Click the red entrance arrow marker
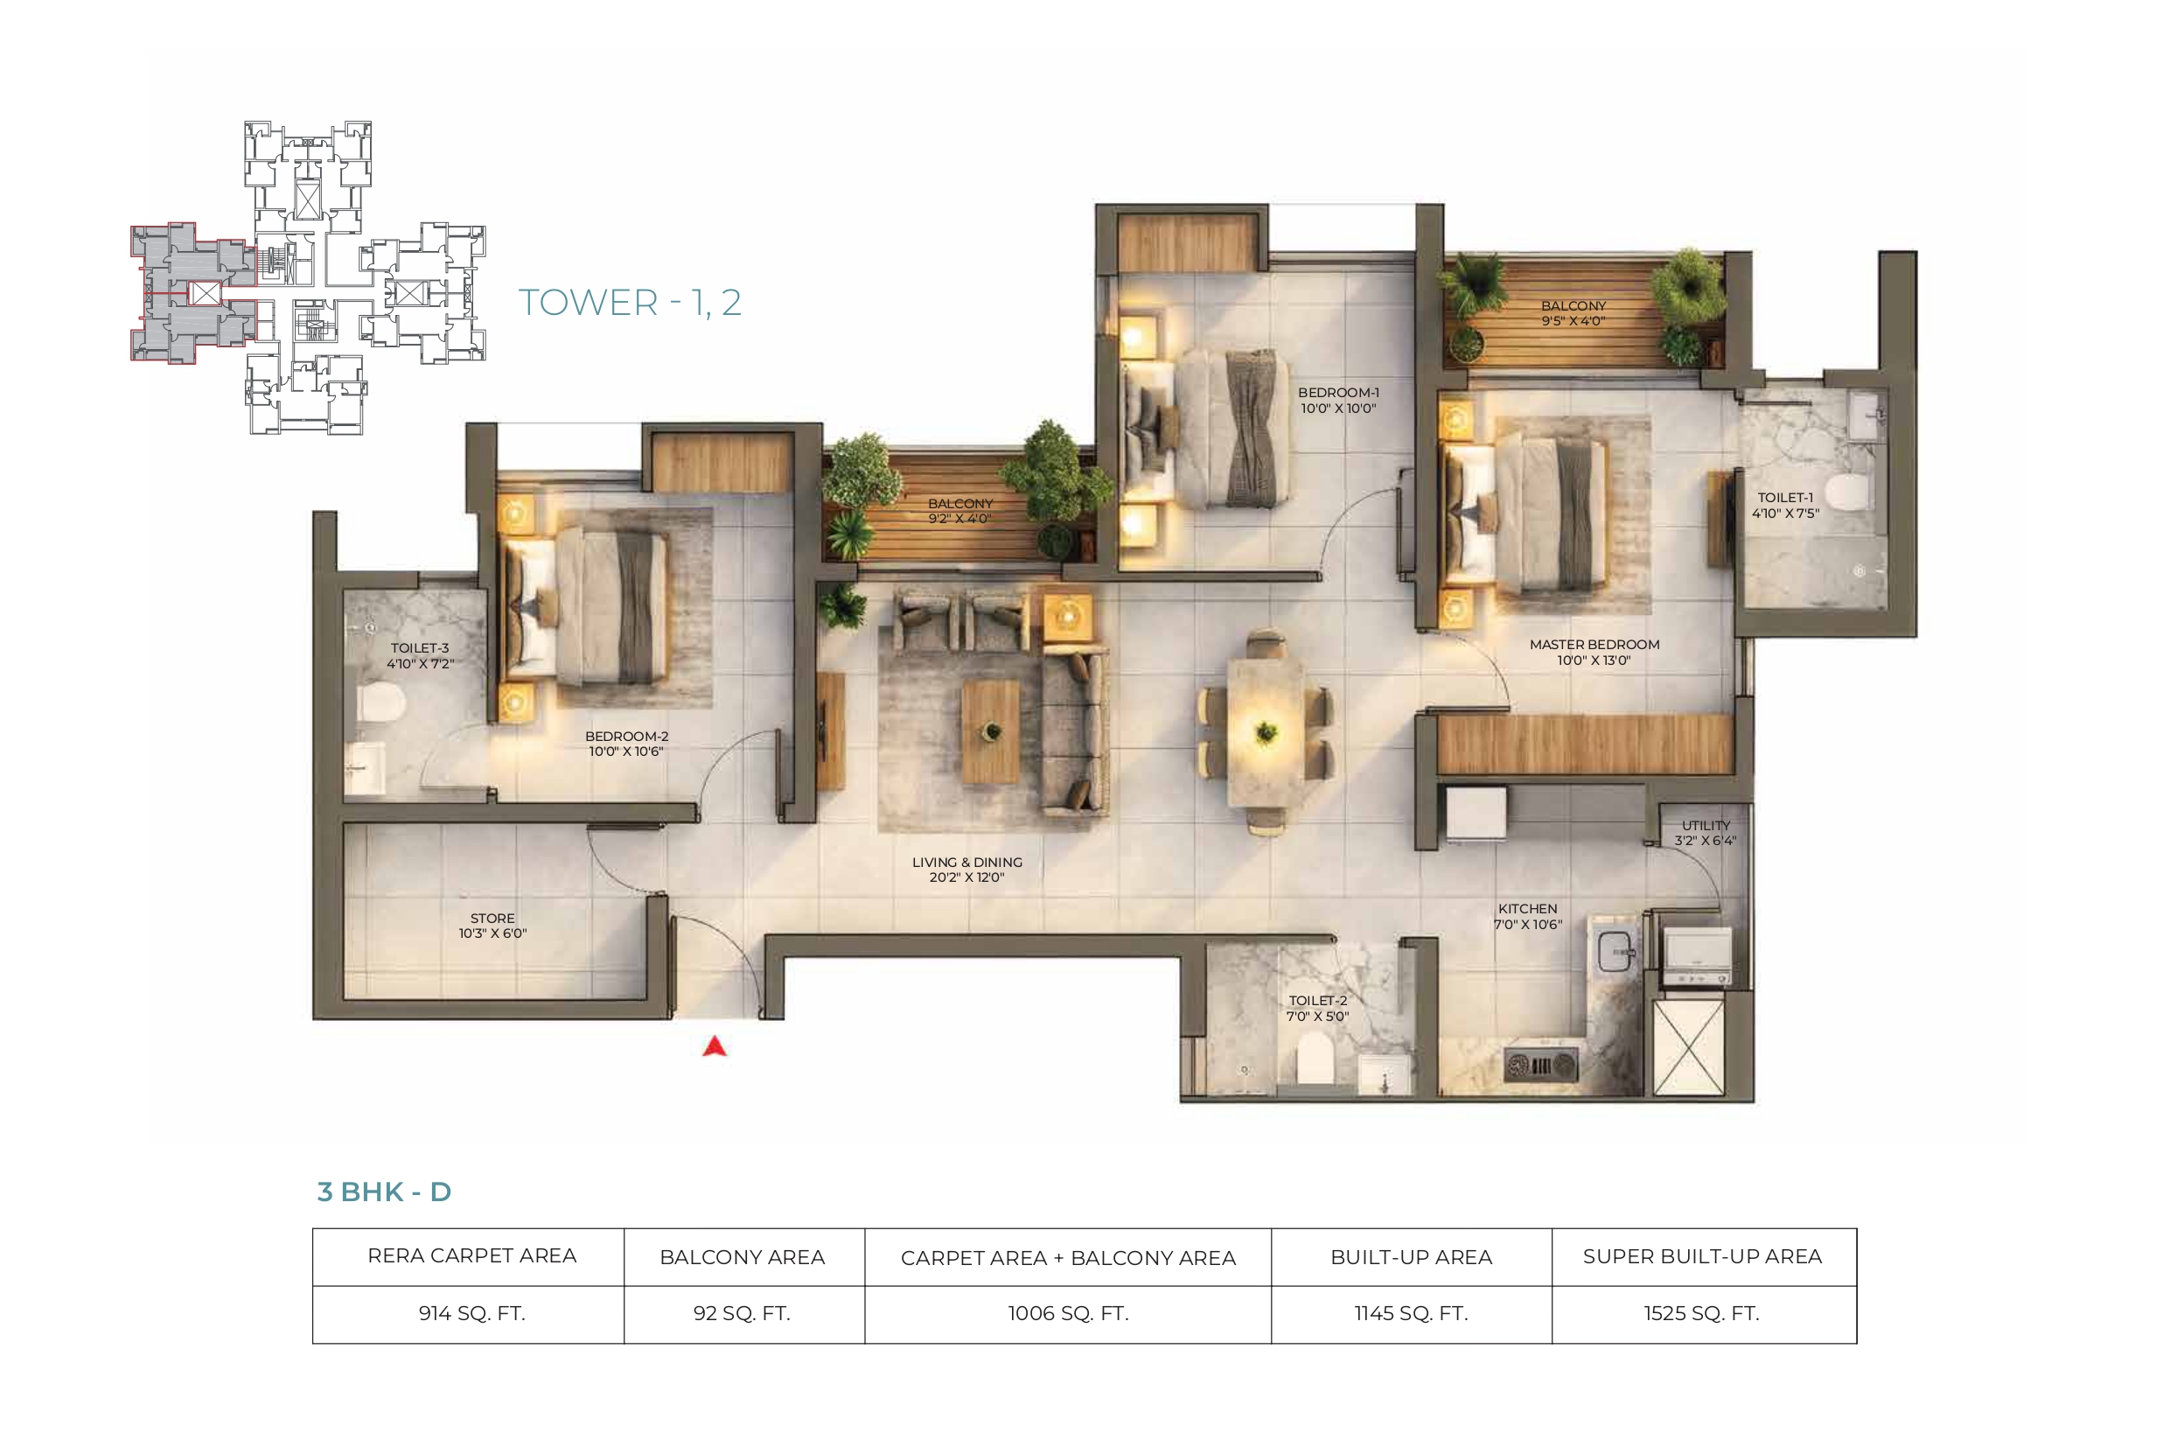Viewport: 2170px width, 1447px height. point(715,1046)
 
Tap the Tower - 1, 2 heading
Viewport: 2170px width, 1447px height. point(630,303)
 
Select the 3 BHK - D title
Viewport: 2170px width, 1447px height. point(384,1192)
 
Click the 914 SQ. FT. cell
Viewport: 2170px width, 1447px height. point(471,1313)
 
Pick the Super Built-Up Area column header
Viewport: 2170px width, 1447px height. point(1702,1256)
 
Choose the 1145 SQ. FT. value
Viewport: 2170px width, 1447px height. point(1411,1313)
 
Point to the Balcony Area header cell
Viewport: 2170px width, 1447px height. point(743,1257)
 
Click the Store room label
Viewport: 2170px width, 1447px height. point(492,926)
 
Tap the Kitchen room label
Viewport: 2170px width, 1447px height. point(1528,916)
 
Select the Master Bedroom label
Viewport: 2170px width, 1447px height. point(1594,653)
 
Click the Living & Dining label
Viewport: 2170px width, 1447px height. point(966,870)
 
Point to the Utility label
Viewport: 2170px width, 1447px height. point(1706,832)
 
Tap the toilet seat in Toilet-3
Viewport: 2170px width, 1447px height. point(381,704)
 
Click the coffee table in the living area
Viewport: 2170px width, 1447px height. point(991,731)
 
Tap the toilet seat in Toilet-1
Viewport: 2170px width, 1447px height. point(1846,491)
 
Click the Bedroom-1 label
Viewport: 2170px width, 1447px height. point(1339,400)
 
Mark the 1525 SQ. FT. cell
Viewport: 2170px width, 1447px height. point(1702,1313)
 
